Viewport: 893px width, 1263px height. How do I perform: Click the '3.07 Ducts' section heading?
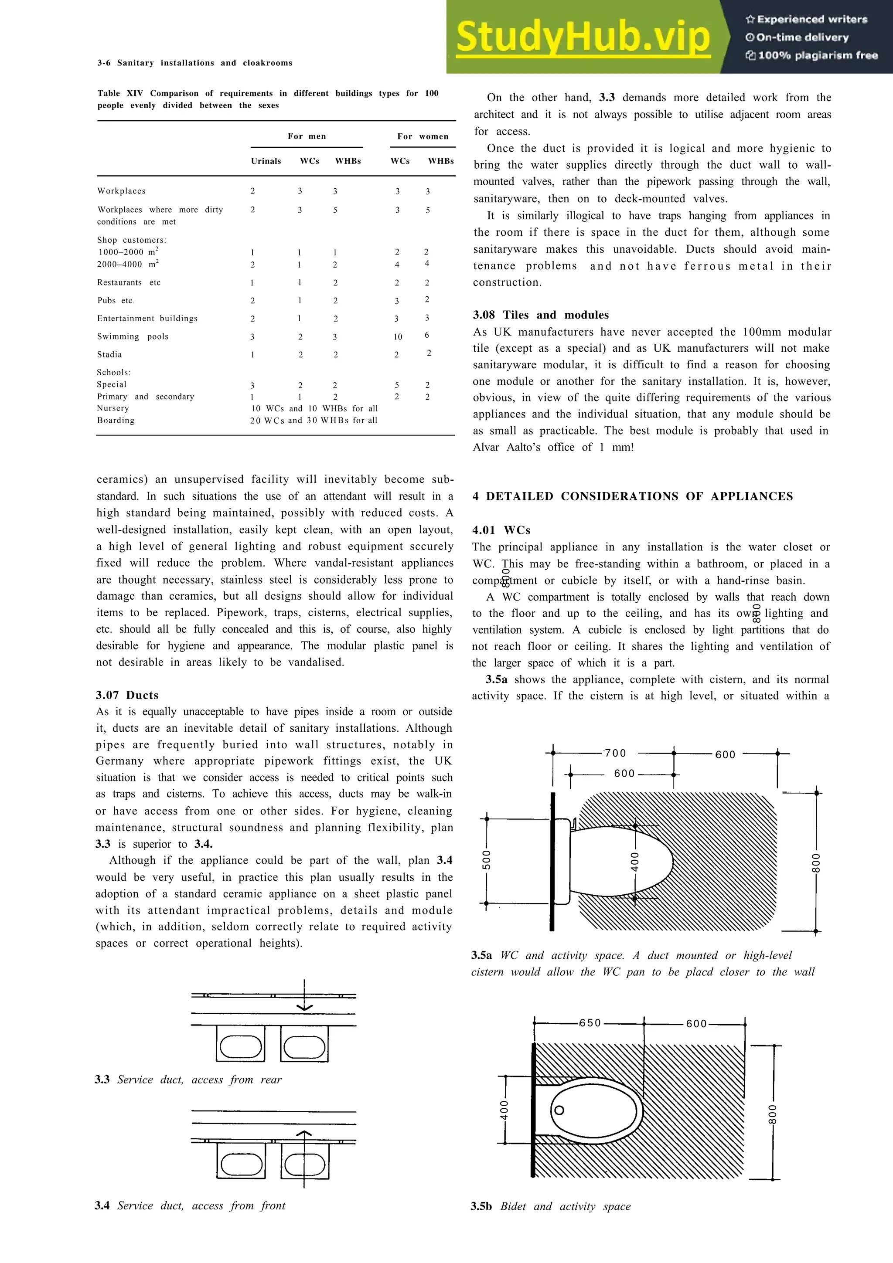click(x=127, y=695)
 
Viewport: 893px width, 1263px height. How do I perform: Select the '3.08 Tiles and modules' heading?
click(x=540, y=315)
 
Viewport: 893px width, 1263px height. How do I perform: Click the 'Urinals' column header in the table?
click(x=266, y=161)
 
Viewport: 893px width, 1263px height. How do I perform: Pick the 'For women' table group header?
click(x=423, y=136)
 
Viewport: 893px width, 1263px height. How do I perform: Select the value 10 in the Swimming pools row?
click(x=398, y=336)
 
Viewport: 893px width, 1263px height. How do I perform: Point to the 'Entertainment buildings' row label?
click(x=147, y=318)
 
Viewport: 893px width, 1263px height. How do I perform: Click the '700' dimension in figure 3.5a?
click(x=615, y=753)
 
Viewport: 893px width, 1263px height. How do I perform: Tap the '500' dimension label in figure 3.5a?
click(x=486, y=860)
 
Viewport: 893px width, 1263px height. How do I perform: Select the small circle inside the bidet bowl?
click(x=559, y=1110)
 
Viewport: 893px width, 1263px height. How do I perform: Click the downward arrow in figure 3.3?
click(x=304, y=1006)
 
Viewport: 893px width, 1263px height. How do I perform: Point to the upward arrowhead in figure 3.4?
click(x=304, y=1133)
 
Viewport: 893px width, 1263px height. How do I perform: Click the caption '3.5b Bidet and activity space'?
click(x=550, y=1206)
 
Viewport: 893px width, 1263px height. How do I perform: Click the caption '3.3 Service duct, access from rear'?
click(x=188, y=1079)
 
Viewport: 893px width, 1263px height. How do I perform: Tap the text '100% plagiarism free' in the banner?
click(x=813, y=55)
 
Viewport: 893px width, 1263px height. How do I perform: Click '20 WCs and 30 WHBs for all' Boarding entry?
click(x=314, y=420)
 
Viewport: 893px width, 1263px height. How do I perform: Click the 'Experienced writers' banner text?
click(x=807, y=19)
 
